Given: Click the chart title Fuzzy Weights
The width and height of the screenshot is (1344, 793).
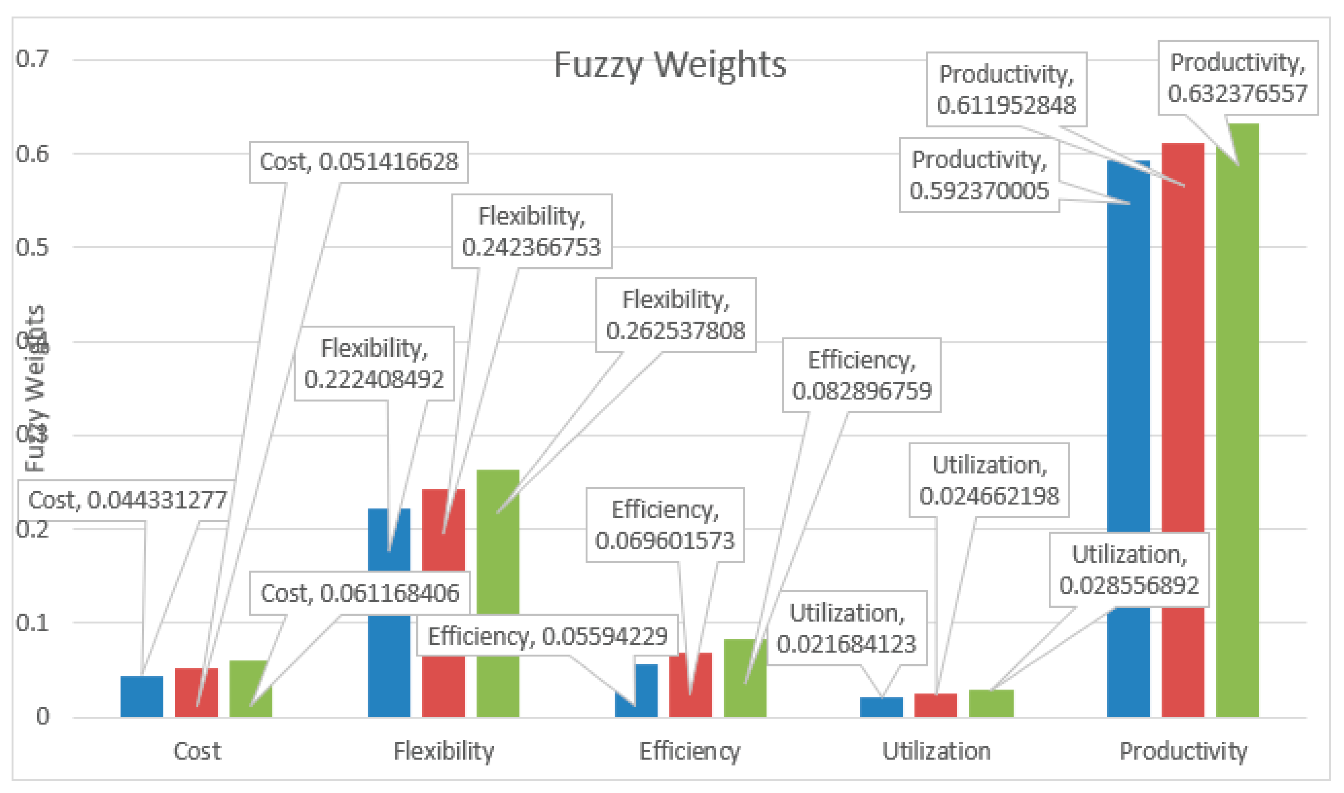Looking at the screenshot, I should tap(670, 65).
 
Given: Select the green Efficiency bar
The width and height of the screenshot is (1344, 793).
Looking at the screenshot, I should tap(745, 689).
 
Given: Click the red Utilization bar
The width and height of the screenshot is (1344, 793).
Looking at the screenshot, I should tap(935, 705).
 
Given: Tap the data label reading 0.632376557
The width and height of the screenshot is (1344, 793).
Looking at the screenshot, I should tap(1238, 78).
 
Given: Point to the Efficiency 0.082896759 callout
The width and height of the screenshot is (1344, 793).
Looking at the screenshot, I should tap(861, 375).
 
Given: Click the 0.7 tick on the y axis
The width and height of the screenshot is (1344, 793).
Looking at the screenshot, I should tap(32, 59).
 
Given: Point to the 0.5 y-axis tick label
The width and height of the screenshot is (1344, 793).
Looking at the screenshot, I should tap(32, 247).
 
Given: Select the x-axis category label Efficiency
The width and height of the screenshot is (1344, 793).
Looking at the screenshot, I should tap(690, 751).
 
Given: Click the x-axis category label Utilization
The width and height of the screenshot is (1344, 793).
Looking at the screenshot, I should tap(936, 751).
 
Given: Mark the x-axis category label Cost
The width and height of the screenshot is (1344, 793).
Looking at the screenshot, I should tap(197, 751).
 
